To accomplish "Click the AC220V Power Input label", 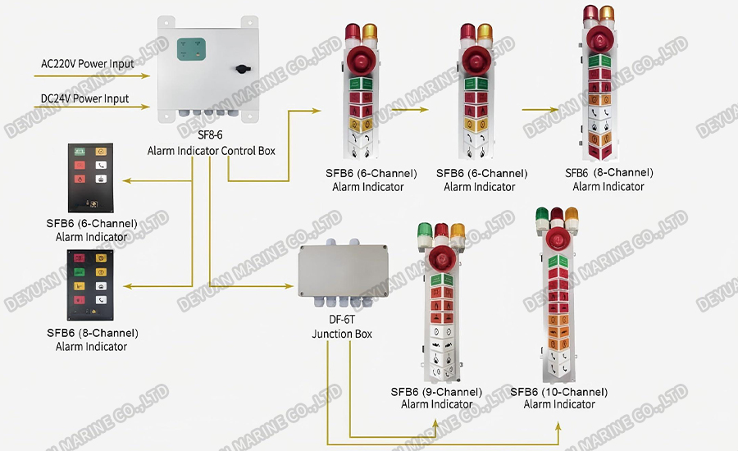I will pyautogui.click(x=87, y=62).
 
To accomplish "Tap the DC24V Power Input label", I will pyautogui.click(x=85, y=98).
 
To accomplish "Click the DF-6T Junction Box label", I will pyautogui.click(x=341, y=327).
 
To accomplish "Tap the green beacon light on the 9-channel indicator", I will pyautogui.click(x=425, y=233).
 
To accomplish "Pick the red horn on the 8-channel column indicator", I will pyautogui.click(x=598, y=39).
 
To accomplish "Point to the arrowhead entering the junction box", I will pyautogui.click(x=291, y=285).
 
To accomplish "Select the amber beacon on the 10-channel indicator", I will pyautogui.click(x=572, y=217).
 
